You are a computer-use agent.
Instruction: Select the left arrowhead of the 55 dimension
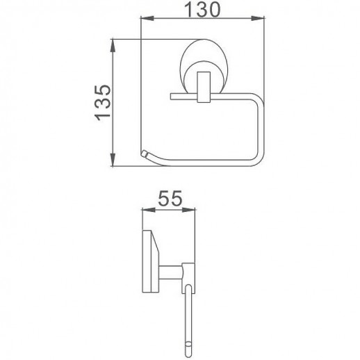click(x=144, y=208)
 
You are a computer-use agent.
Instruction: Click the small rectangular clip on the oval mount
click(x=207, y=82)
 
